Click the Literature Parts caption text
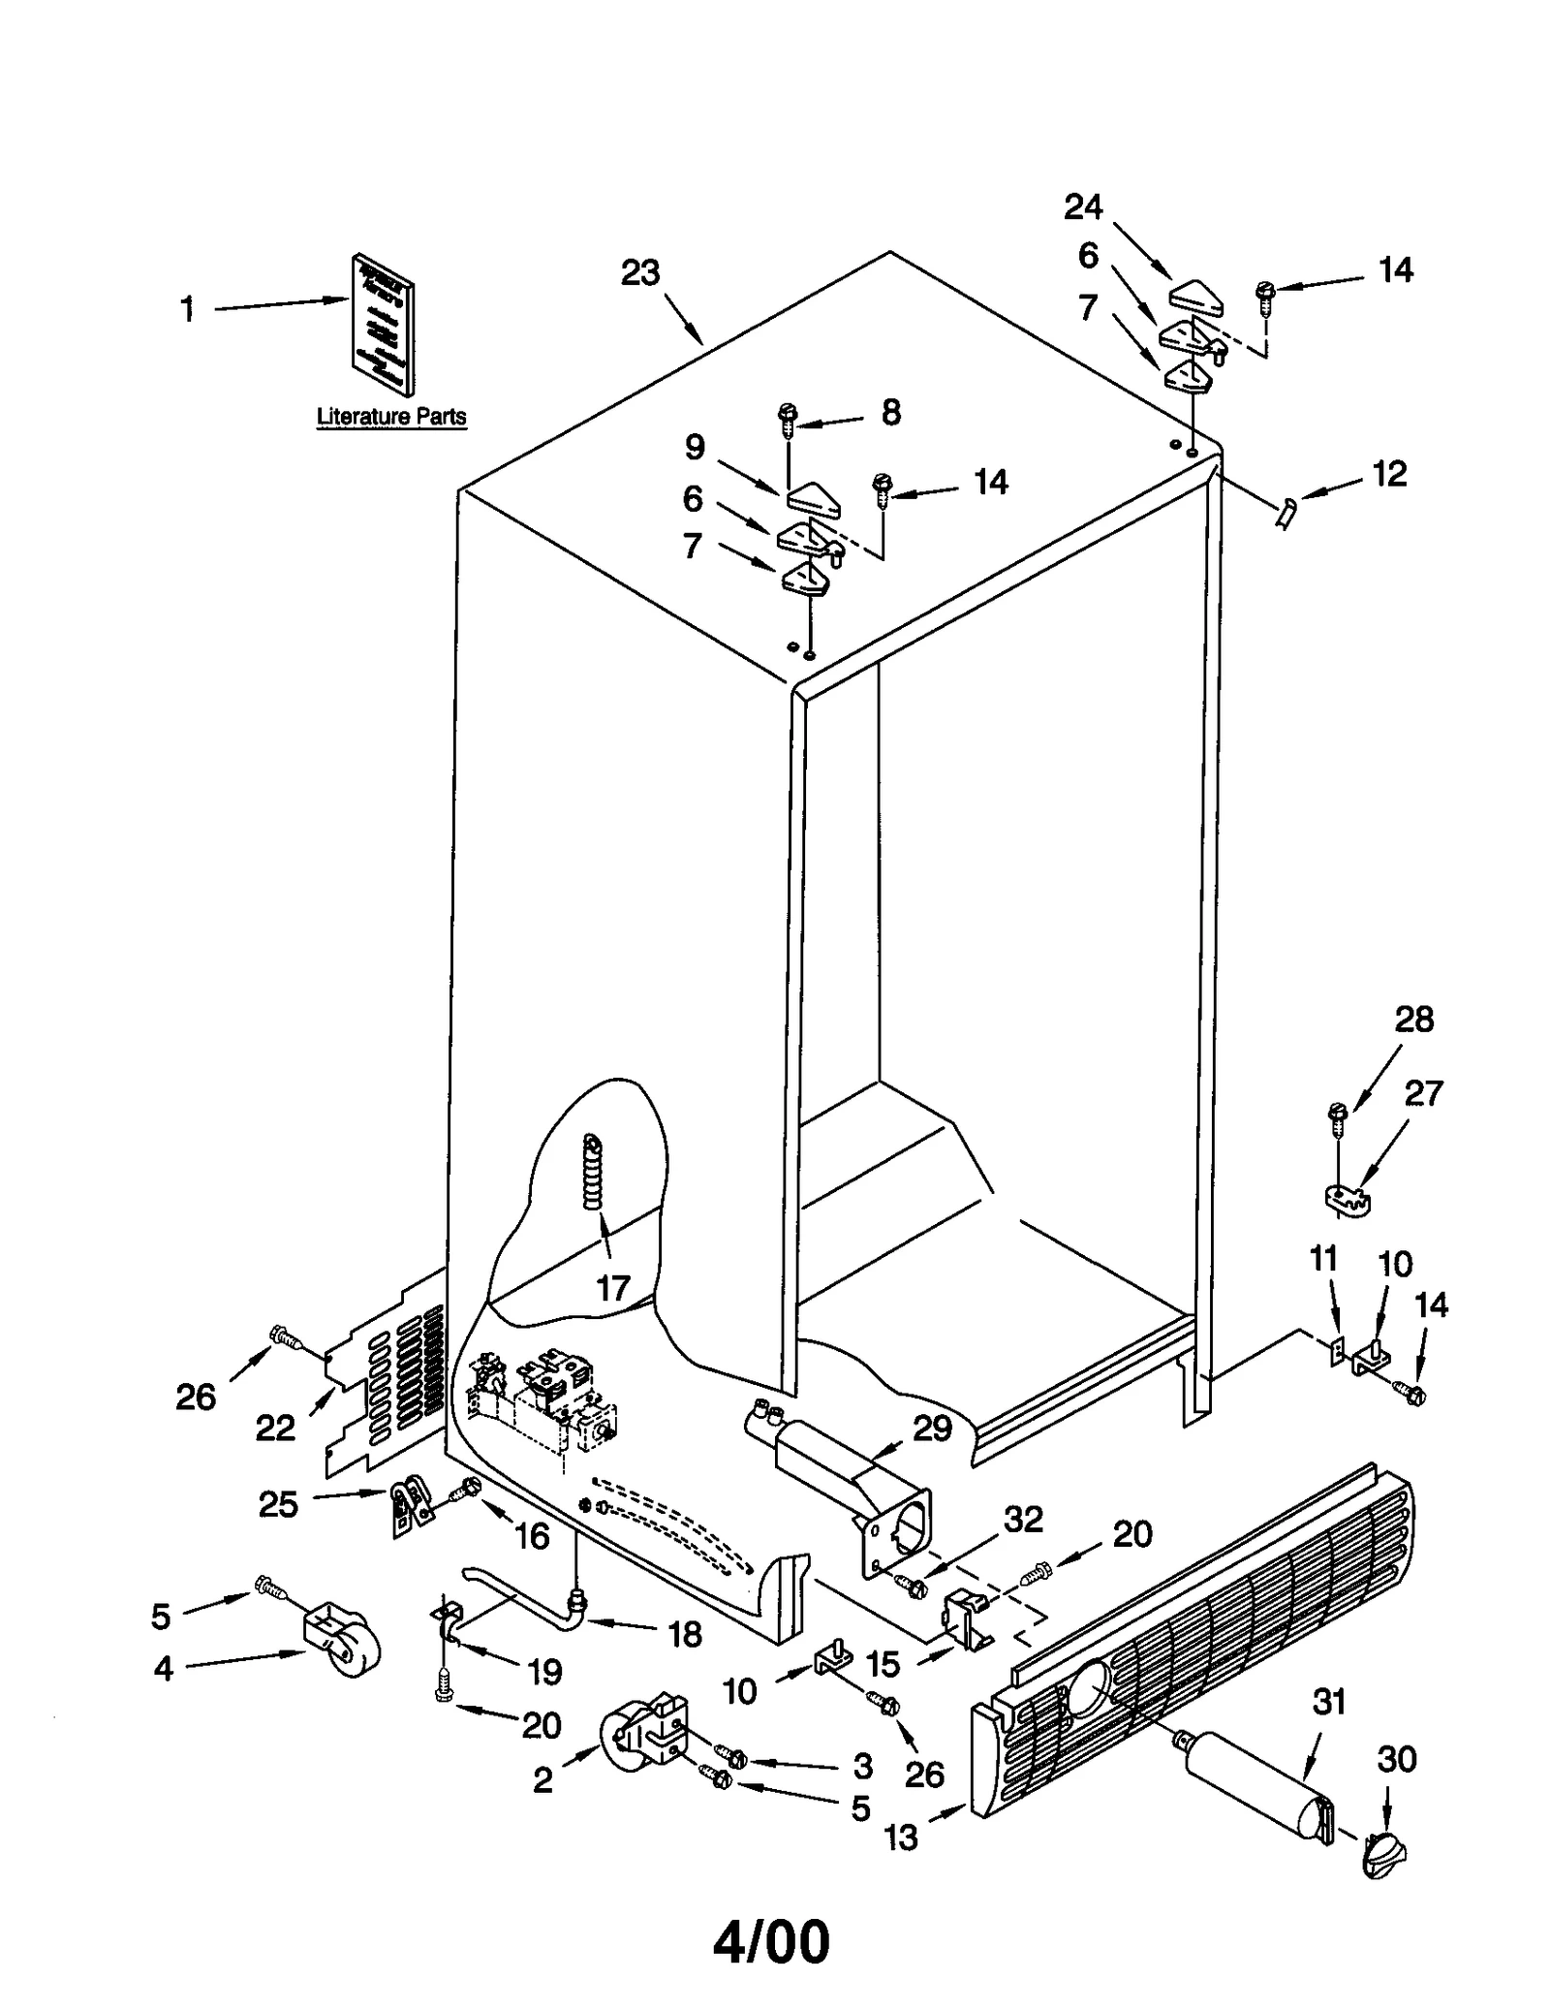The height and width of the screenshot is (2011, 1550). pyautogui.click(x=391, y=417)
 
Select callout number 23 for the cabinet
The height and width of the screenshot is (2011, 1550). pyautogui.click(x=640, y=273)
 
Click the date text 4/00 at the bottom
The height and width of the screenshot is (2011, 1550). pyautogui.click(x=772, y=1943)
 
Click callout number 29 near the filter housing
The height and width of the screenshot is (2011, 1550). pyautogui.click(x=933, y=1428)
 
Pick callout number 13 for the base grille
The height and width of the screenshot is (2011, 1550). pyautogui.click(x=901, y=1837)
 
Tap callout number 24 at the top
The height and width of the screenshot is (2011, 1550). pyautogui.click(x=1083, y=206)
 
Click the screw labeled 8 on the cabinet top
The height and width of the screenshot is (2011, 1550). pyautogui.click(x=788, y=420)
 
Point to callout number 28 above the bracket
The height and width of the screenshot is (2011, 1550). pyautogui.click(x=1413, y=1020)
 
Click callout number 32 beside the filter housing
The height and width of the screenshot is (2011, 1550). pyautogui.click(x=1023, y=1520)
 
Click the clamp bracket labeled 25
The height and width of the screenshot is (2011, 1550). pyautogui.click(x=411, y=1505)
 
